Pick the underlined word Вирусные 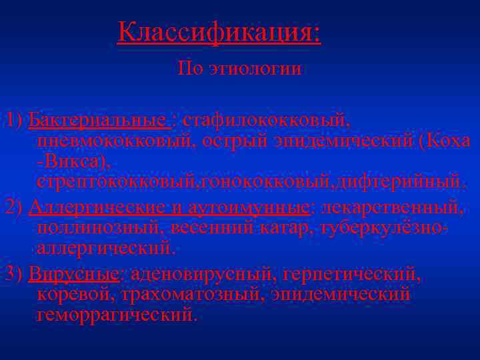[74, 274]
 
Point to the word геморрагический [116, 314]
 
